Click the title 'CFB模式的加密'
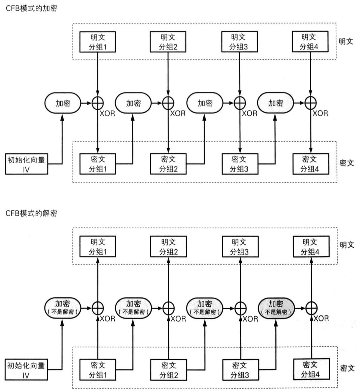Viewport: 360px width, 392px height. click(31, 8)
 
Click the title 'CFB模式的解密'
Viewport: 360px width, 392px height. click(31, 213)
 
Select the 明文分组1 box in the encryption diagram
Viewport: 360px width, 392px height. click(97, 42)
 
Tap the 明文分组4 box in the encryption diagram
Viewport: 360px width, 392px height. click(309, 41)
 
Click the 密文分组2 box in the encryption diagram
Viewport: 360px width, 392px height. click(168, 164)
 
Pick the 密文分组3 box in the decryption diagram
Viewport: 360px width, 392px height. click(240, 370)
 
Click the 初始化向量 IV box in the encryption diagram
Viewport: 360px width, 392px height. click(26, 164)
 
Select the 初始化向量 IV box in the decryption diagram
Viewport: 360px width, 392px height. click(26, 370)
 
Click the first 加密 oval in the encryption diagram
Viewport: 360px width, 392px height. click(63, 103)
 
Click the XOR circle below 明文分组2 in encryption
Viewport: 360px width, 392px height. click(168, 103)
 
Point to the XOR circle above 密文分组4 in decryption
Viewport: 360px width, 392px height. click(311, 308)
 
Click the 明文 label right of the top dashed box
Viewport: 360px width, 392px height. click(346, 41)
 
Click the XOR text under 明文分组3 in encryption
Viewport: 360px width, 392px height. click(249, 113)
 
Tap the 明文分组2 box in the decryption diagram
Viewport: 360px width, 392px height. click(168, 247)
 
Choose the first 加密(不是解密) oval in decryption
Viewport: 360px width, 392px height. click(63, 308)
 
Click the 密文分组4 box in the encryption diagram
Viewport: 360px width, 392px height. click(310, 164)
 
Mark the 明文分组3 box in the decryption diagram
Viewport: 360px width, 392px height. click(240, 247)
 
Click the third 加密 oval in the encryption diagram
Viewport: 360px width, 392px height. click(205, 103)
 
